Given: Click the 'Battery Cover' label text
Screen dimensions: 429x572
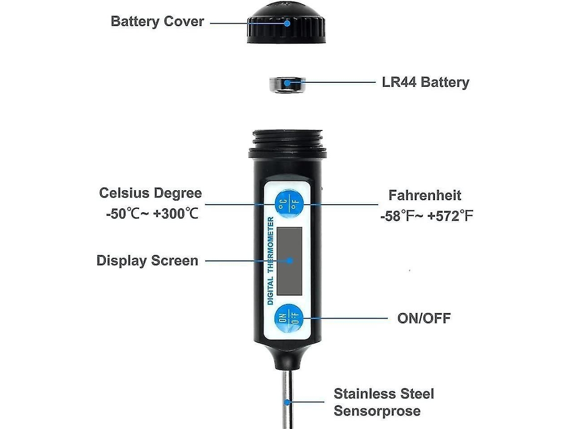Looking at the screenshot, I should (157, 22).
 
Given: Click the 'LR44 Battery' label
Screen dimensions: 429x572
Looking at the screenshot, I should (425, 82).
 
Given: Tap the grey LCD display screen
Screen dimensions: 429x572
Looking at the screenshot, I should (290, 260).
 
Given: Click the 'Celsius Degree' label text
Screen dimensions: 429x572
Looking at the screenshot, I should (151, 193).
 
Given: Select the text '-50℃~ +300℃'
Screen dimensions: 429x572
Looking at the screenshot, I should (152, 214).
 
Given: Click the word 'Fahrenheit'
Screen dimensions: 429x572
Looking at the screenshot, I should (424, 195).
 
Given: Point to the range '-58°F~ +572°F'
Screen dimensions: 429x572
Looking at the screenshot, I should (426, 216).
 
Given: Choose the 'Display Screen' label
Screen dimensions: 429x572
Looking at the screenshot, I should (147, 261).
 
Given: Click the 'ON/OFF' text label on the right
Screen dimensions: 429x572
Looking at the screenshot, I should (424, 318).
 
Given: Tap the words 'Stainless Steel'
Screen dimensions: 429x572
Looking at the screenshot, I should (384, 393).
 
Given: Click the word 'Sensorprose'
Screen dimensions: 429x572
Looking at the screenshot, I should (377, 411).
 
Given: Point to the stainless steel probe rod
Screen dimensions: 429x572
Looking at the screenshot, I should (285, 396).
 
